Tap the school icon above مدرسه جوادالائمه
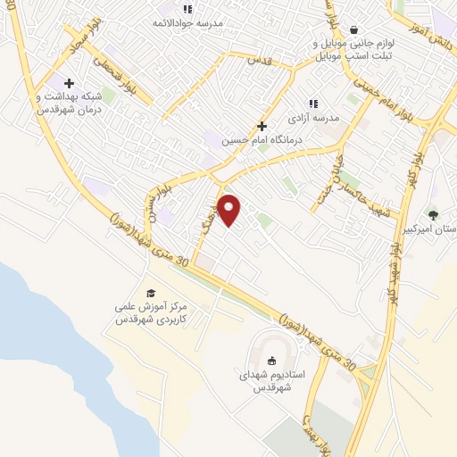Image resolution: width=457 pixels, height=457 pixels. click(x=187, y=9)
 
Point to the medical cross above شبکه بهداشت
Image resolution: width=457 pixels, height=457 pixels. click(x=69, y=83)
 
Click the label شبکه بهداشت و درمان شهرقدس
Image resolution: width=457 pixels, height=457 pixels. click(x=69, y=102)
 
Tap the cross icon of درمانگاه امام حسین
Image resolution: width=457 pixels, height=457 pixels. click(x=262, y=127)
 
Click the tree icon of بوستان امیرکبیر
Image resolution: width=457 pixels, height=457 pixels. click(x=433, y=214)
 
